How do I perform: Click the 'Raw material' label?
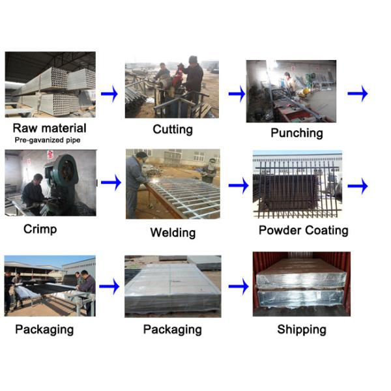[x=50, y=128]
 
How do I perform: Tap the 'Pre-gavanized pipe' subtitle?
[x=48, y=140]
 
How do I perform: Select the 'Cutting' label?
[x=173, y=130]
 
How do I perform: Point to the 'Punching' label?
[x=297, y=133]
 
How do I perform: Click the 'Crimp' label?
[x=40, y=229]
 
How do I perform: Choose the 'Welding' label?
[x=173, y=233]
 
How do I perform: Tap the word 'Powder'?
[x=280, y=230]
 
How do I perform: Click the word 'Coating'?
[x=326, y=230]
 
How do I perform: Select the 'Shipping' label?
[x=302, y=329]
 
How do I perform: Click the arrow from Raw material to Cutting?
[x=109, y=94]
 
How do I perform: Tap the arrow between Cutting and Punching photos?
[x=237, y=94]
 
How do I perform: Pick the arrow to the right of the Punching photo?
[x=358, y=93]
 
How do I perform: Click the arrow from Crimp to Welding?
[x=111, y=182]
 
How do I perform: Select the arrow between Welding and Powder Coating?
[x=239, y=185]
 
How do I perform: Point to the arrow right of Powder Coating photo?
[x=358, y=186]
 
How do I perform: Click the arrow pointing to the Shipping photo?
[x=239, y=286]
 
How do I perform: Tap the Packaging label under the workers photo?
[x=44, y=330]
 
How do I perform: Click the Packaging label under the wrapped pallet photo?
[x=172, y=330]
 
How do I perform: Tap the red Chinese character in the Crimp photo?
[x=50, y=153]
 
